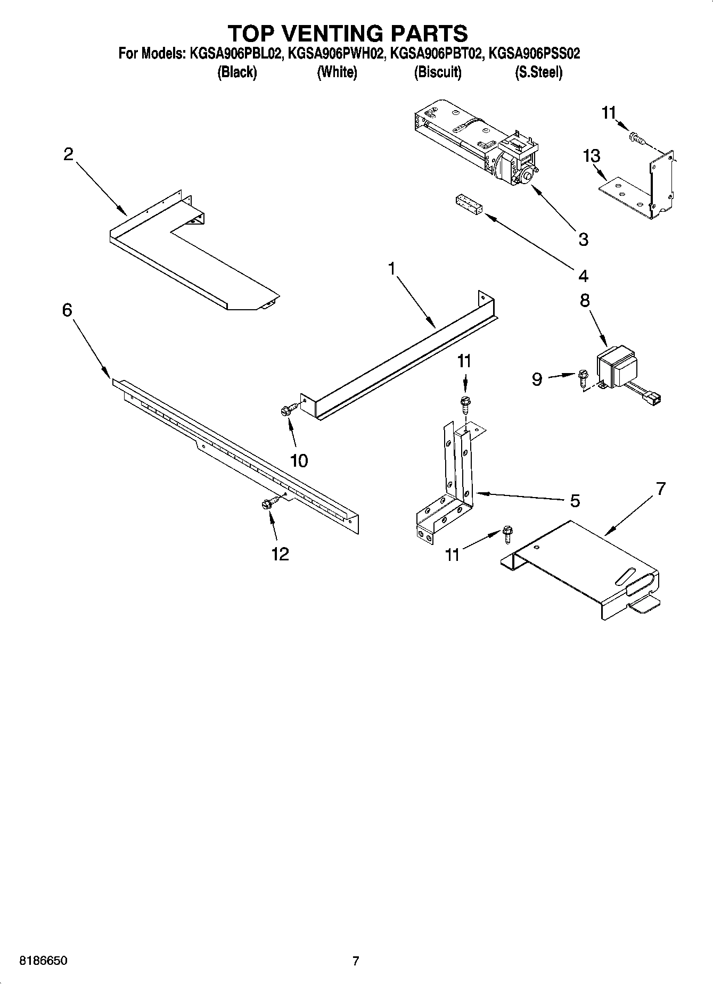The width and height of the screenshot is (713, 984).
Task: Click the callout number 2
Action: [68, 154]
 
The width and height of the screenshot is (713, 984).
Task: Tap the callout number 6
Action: [67, 310]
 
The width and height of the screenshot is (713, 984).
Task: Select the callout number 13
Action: [592, 156]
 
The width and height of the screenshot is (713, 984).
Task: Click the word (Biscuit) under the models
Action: [438, 72]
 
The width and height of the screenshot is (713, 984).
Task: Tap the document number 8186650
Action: [43, 961]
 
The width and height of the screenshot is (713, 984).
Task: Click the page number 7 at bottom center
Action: [356, 961]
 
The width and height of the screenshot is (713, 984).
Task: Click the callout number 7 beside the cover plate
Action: [661, 489]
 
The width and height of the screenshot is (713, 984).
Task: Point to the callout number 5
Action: [575, 501]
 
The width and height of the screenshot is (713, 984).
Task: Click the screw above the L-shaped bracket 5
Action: [465, 404]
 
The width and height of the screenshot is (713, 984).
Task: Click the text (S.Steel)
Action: [538, 72]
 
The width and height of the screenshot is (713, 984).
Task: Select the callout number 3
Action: [584, 239]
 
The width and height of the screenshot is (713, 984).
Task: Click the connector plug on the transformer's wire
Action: [653, 397]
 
